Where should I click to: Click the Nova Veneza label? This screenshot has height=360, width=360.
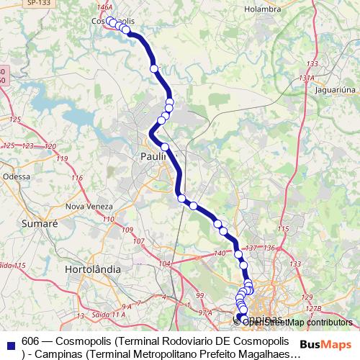pos(86,206)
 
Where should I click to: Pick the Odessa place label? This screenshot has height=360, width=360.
pos(17,176)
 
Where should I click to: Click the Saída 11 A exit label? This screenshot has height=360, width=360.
pos(109,315)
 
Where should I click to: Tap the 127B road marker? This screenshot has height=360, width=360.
pos(311,308)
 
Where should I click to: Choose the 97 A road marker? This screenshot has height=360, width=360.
pos(205,313)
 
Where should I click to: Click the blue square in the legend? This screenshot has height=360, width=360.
pos(8,340)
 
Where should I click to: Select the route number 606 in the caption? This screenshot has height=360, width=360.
pos(30,339)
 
